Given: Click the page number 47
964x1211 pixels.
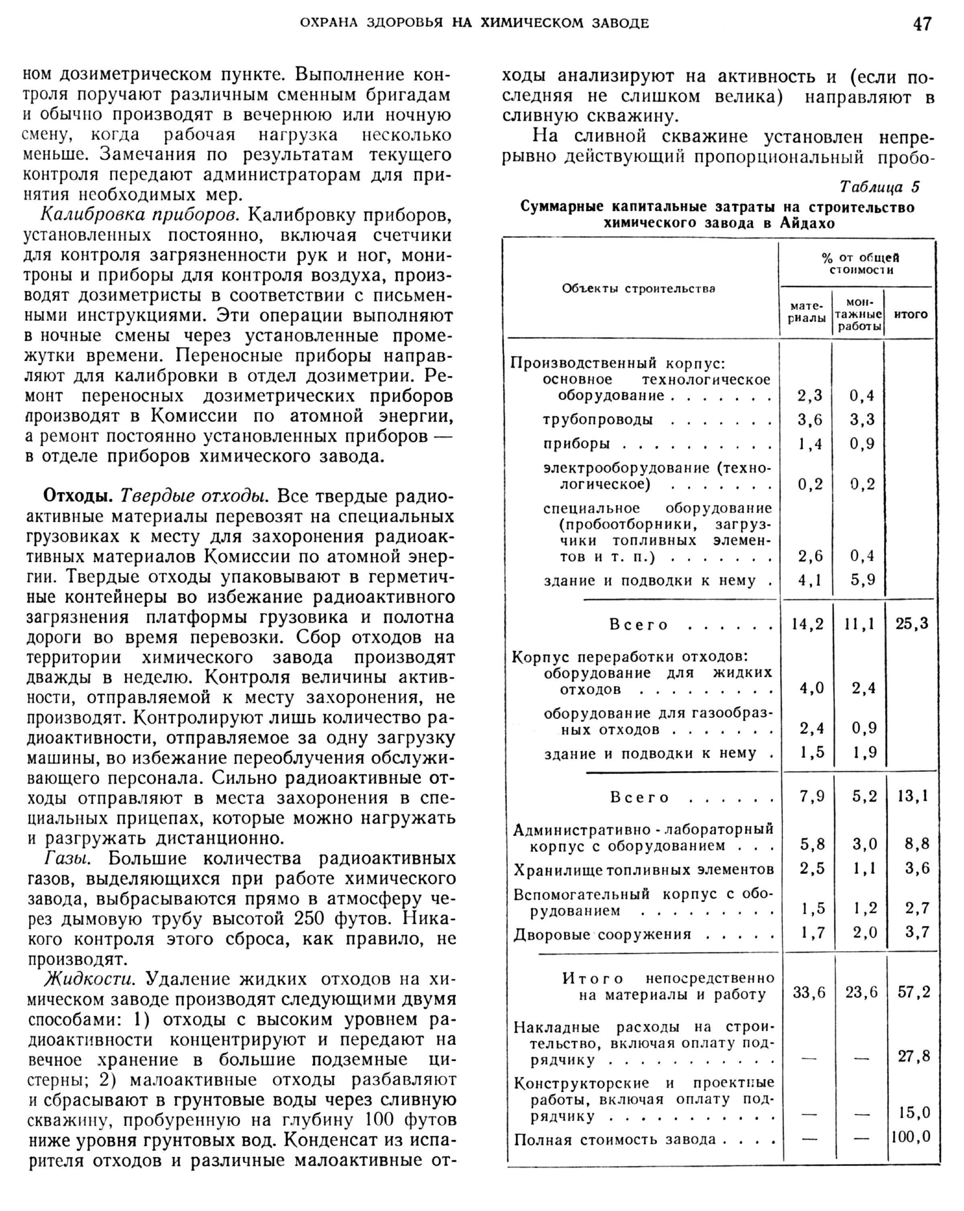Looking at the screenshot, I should point(922,24).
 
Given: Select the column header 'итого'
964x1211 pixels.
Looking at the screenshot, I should point(910,314).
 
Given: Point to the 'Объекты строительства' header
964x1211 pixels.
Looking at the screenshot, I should point(638,289).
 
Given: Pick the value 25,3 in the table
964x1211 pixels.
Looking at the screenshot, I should point(912,623).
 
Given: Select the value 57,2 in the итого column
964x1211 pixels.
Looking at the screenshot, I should point(913,992).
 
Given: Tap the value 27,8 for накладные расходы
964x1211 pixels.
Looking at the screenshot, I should point(913,1056).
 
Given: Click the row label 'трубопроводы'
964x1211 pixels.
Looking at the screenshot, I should point(598,420).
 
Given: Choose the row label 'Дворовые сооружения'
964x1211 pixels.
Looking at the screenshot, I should point(602,934).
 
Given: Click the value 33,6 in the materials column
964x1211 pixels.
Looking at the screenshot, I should point(809,992).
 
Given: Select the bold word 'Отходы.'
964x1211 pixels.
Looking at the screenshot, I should point(79,496).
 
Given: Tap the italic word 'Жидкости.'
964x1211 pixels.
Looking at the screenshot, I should point(90,979).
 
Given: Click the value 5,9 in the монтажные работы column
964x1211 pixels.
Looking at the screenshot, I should point(862,580).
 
